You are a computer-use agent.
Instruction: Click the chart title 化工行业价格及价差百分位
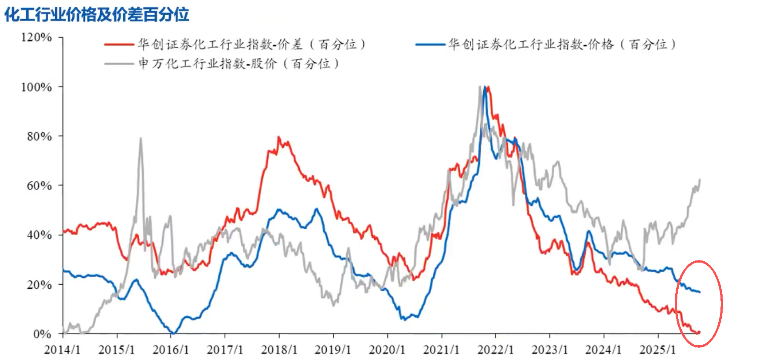click(x=97, y=14)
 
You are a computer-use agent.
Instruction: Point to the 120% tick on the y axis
click(x=37, y=37)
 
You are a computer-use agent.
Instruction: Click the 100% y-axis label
click(x=37, y=87)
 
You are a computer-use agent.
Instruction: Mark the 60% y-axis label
click(x=39, y=186)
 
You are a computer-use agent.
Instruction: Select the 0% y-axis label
click(x=42, y=334)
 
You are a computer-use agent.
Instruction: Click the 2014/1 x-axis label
click(x=63, y=350)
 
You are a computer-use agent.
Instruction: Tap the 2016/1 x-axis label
click(x=171, y=350)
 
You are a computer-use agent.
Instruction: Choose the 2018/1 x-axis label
click(x=279, y=350)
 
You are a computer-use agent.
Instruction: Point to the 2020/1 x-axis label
click(x=387, y=350)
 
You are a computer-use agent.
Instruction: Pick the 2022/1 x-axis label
click(x=496, y=350)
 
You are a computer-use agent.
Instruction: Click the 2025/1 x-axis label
click(x=657, y=350)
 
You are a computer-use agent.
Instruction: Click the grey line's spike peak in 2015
click(x=141, y=138)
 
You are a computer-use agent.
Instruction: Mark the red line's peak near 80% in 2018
click(x=279, y=137)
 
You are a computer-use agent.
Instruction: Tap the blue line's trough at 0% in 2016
click(x=173, y=333)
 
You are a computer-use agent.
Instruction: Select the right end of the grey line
click(x=700, y=180)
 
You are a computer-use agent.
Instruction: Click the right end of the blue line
click(x=700, y=292)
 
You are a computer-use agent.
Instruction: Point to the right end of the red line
click(x=699, y=333)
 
